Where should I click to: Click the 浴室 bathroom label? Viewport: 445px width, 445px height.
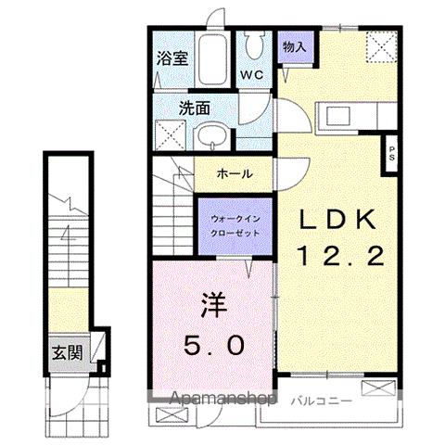173,57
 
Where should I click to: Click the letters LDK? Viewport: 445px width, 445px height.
337,220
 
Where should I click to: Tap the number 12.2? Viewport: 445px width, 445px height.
339,256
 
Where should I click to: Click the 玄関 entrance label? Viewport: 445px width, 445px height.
65,353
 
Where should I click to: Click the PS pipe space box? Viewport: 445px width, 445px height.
391,151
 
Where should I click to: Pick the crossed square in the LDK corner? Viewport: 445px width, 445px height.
375,44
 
